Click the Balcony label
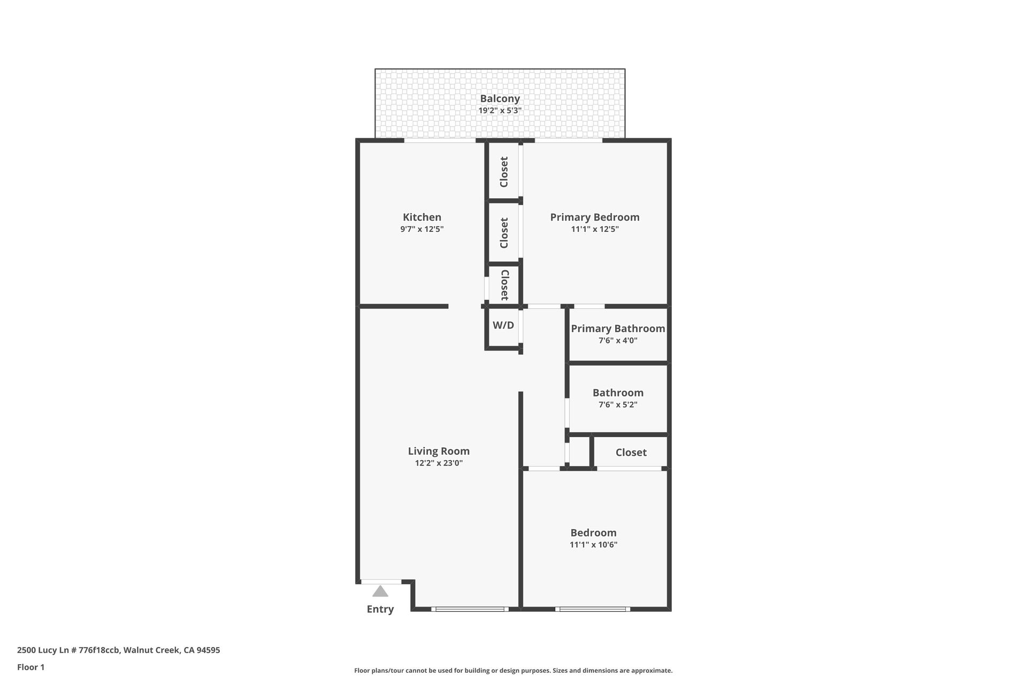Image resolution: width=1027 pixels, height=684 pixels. (500, 98)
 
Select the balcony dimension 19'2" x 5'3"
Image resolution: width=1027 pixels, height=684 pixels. (500, 111)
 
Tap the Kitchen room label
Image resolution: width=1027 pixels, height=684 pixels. (421, 217)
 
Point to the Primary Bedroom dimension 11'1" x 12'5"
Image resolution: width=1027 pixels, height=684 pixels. (594, 229)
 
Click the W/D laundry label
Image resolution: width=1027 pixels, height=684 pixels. (503, 325)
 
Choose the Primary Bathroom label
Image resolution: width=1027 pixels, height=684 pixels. (618, 329)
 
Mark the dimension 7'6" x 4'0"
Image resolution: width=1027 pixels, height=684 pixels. (618, 340)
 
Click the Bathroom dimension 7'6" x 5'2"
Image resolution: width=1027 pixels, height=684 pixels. (618, 405)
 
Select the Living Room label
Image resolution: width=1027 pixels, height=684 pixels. (439, 451)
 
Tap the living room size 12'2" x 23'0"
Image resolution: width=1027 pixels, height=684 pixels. (439, 463)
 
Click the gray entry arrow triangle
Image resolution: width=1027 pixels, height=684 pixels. (380, 592)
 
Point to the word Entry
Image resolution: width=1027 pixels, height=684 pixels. (380, 609)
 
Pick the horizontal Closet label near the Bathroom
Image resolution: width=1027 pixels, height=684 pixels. (631, 453)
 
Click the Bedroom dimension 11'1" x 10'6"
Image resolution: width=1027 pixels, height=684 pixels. (593, 545)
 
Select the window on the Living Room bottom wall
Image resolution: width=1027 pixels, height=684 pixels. (470, 609)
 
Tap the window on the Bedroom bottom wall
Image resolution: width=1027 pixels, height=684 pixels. (592, 609)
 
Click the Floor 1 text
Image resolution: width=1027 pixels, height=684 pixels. (31, 667)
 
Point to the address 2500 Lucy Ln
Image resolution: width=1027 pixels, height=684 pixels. (118, 650)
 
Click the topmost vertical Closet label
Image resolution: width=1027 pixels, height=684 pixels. (504, 172)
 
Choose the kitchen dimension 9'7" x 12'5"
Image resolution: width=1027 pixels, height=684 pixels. (421, 229)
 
